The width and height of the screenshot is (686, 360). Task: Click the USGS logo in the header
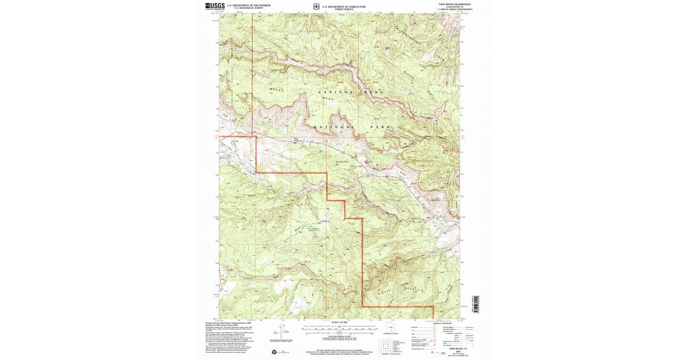215,6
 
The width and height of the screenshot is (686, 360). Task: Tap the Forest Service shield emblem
316,7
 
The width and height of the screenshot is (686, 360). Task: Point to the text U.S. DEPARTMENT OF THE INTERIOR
249,5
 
